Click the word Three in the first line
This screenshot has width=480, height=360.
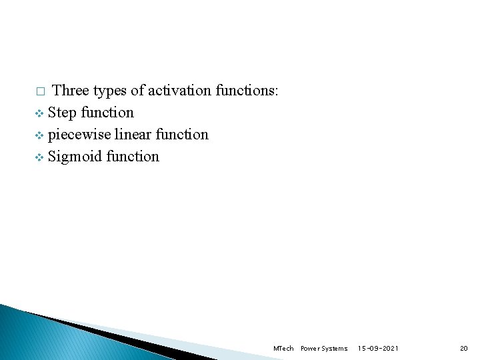coord(71,90)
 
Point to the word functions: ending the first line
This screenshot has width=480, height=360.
coord(247,90)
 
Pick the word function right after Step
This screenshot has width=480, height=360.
coord(107,112)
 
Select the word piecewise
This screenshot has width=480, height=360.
coord(79,135)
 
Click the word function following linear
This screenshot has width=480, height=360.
coord(182,134)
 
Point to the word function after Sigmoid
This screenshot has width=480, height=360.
coord(133,156)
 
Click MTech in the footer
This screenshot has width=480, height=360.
coord(283,349)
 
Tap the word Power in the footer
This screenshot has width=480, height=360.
coord(310,349)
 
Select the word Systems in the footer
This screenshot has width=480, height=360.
coord(335,349)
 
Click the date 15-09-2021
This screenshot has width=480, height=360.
coord(378,349)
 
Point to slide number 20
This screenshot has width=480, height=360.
coord(464,349)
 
